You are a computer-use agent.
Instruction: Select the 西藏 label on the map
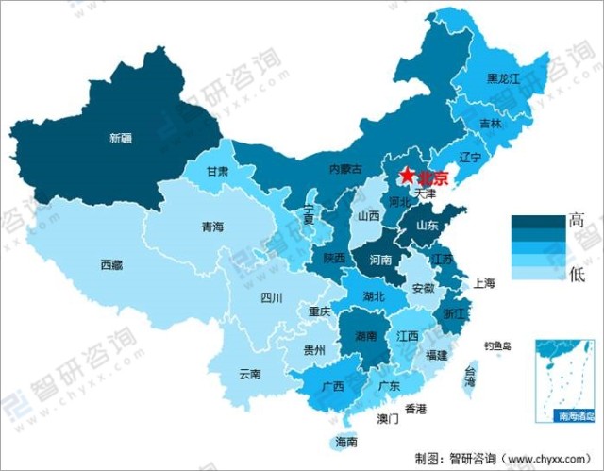coord(111,265)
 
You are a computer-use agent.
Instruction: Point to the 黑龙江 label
coord(503,79)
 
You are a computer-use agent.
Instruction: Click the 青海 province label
coord(213,227)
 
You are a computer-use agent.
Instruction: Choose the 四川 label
coord(272,298)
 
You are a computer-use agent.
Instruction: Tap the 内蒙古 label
coord(345,169)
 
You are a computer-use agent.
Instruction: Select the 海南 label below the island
coord(346,441)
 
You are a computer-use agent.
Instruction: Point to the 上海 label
coord(485,282)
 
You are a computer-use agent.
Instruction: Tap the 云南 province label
coord(250,374)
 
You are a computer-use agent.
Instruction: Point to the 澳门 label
coord(388,418)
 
